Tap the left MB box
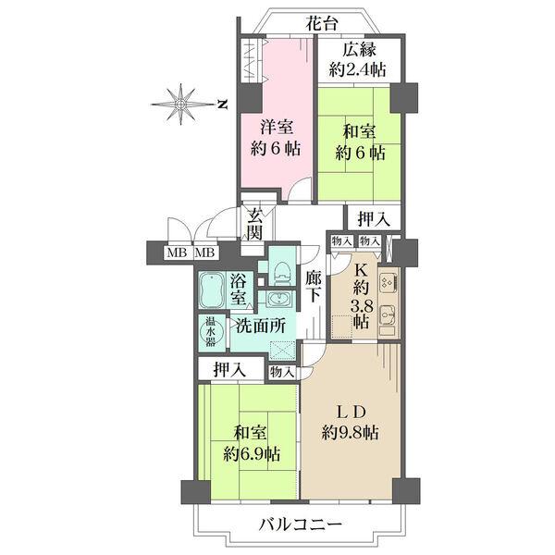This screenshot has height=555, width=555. pos(174,252)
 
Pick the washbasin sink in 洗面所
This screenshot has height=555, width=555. pos(276,299)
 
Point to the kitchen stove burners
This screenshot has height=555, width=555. pos(388,279)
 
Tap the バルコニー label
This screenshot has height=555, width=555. pos(301,524)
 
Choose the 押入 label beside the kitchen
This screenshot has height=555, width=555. pos(373,220)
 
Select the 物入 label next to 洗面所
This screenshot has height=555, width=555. pos(282,372)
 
